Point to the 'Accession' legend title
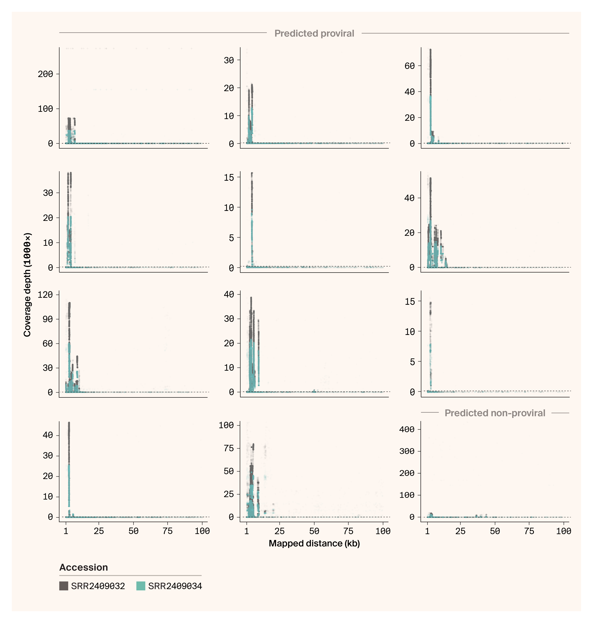[83, 567]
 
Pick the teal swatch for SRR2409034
[141, 586]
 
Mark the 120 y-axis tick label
[45, 295]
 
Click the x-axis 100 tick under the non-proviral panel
[564, 531]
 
